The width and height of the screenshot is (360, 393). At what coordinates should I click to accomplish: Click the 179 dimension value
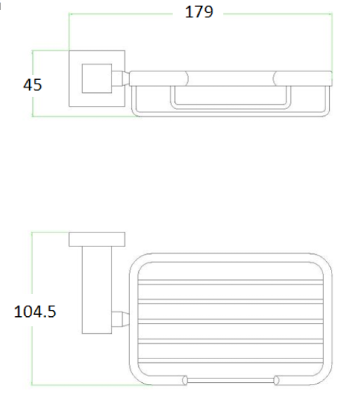(x=199, y=12)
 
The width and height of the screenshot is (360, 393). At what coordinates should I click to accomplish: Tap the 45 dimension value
(x=32, y=85)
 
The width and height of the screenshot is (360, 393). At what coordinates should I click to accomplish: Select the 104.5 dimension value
(x=35, y=312)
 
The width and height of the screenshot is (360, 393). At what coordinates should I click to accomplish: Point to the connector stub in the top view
(x=120, y=79)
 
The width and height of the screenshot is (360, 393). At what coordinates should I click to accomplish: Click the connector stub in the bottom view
(x=120, y=319)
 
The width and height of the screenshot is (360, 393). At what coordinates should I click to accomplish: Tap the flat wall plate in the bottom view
(x=97, y=239)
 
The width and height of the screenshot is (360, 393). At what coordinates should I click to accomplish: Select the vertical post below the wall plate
(x=97, y=290)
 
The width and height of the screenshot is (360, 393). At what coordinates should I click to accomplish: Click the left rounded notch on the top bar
(x=186, y=79)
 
